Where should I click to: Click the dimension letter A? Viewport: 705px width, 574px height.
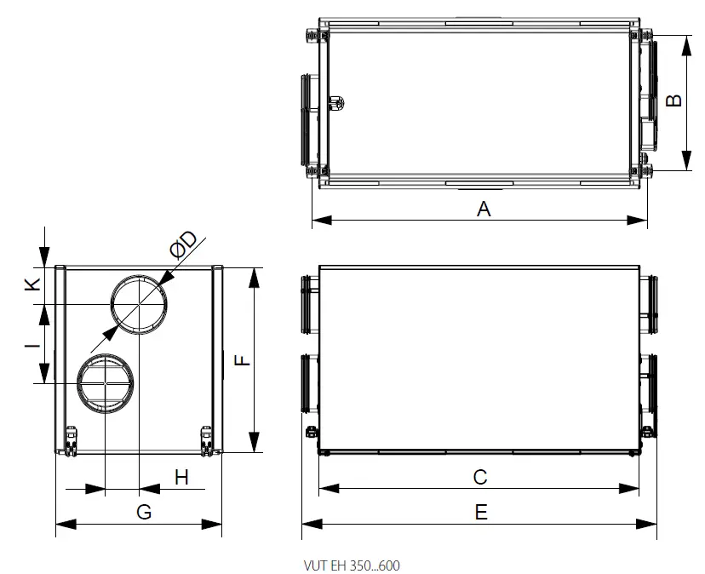point(484,208)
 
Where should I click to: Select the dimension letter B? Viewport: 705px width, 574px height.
point(673,101)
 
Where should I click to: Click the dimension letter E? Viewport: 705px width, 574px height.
point(481,512)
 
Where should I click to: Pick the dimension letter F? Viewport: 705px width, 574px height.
point(243,360)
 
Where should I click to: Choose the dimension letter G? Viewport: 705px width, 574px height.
point(144,512)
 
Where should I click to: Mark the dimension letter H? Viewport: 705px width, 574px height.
point(181,477)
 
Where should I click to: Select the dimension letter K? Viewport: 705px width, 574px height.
point(31,284)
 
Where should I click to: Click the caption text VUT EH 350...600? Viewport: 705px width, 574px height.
point(350,564)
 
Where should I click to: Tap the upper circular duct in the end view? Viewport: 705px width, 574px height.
point(138,305)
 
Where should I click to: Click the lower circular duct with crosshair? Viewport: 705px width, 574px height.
point(105,383)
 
